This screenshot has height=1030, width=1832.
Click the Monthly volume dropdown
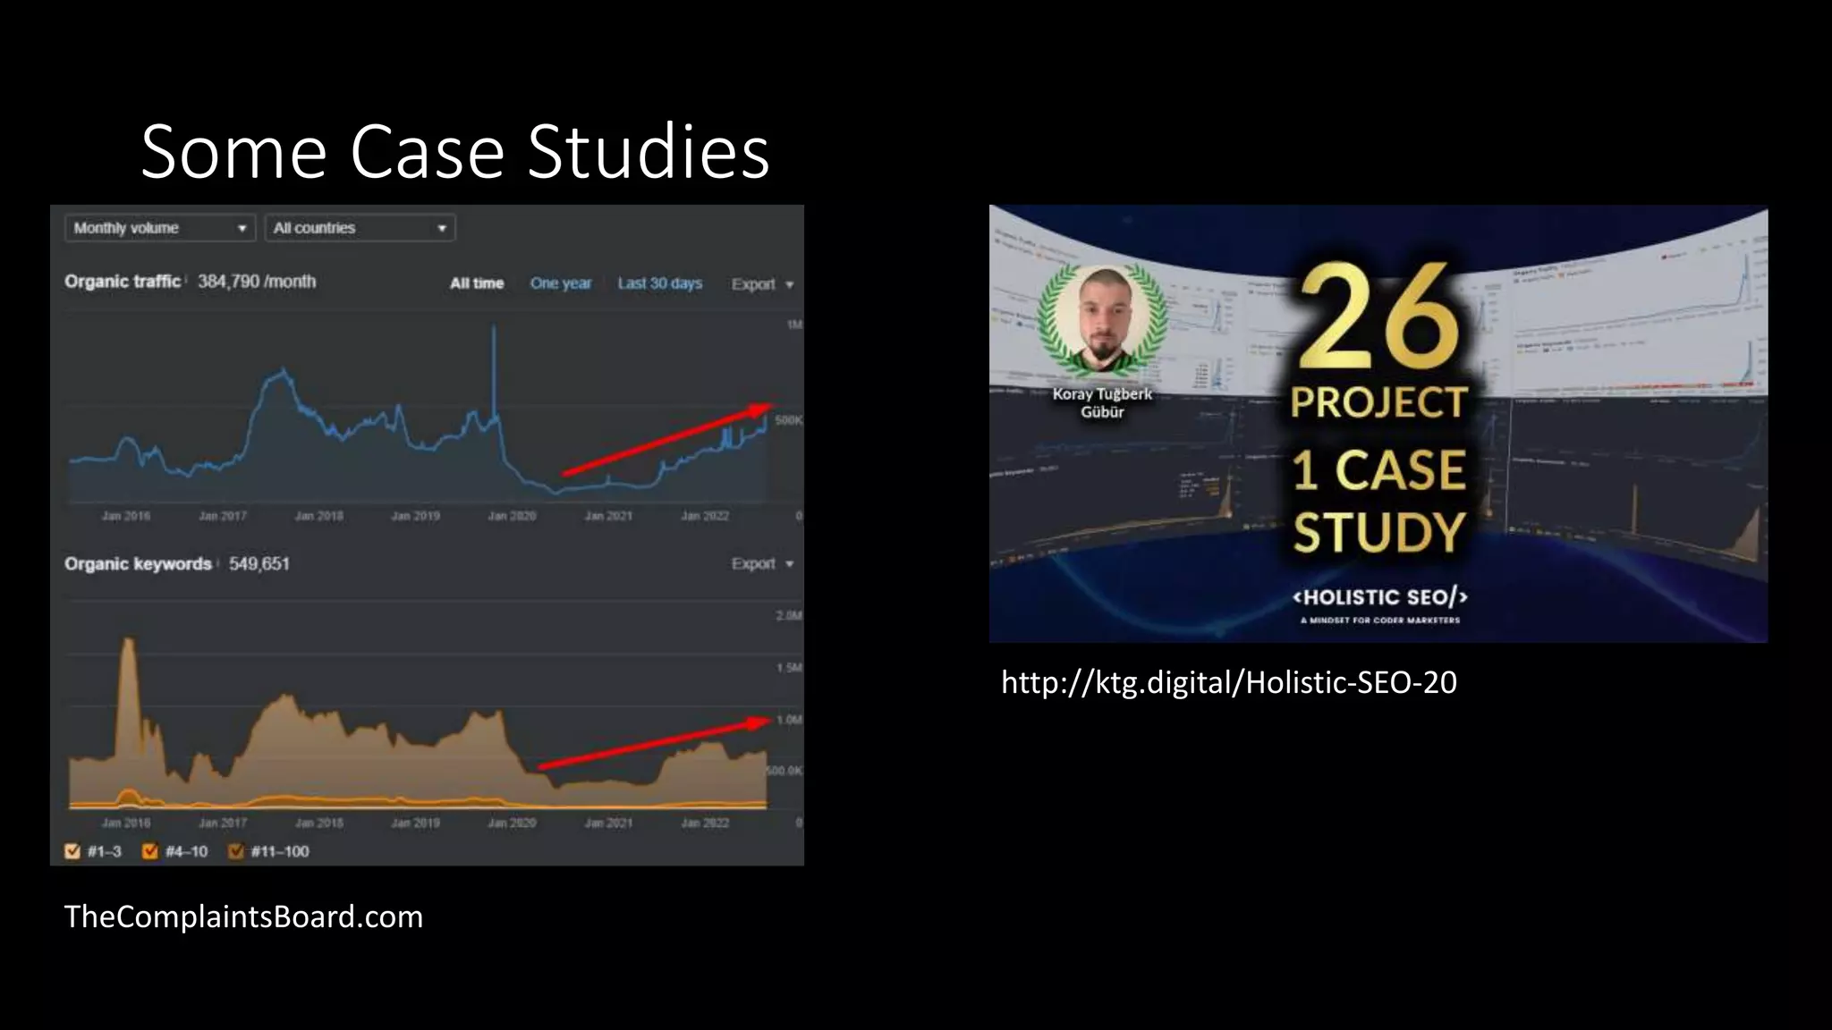(160, 228)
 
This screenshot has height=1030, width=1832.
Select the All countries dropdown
(360, 228)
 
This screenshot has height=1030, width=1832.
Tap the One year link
(561, 283)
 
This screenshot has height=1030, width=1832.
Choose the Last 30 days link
(659, 283)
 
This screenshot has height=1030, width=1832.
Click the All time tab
(477, 283)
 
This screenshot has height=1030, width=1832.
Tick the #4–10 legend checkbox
(150, 851)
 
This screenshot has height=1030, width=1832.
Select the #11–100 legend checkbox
(236, 851)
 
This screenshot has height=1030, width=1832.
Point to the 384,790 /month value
(257, 282)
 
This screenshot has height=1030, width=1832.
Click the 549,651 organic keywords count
(259, 564)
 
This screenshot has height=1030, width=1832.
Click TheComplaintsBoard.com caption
(243, 917)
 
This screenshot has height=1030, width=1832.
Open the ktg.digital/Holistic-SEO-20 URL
(1228, 683)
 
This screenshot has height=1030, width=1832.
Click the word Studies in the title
(649, 152)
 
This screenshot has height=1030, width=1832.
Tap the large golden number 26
(1378, 317)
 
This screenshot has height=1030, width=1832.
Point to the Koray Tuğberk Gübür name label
(1102, 402)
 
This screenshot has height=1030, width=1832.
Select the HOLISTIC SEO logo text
(1379, 597)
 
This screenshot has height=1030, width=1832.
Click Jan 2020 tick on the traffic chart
(512, 516)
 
